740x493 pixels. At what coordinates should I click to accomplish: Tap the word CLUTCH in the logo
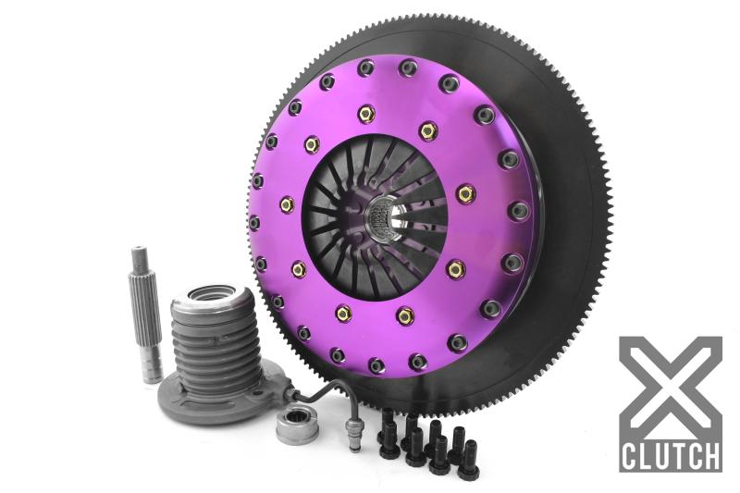pyautogui.click(x=670, y=455)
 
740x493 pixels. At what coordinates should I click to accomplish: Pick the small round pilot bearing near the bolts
pyautogui.click(x=296, y=426)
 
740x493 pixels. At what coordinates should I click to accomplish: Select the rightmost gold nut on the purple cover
pyautogui.click(x=466, y=193)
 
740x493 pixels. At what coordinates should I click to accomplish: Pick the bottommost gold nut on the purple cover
pyautogui.click(x=405, y=316)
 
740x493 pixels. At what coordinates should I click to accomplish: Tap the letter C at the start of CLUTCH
pyautogui.click(x=629, y=455)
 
